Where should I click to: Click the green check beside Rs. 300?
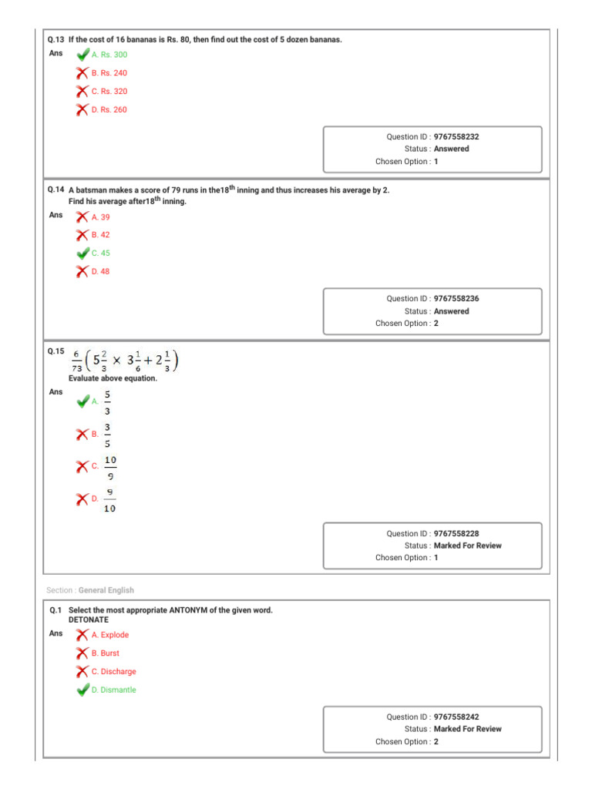82,55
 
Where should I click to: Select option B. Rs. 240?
109,73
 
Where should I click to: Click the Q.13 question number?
55,39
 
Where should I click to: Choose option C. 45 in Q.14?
100,253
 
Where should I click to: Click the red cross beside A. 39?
82,217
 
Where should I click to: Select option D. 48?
100,271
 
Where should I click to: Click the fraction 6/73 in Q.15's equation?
77,361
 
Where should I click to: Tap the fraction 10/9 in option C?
110,467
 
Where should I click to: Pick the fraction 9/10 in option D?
110,500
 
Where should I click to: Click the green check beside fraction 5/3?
82,401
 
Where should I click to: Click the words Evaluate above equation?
113,378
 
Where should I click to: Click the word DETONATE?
89,619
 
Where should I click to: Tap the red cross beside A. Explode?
82,635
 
